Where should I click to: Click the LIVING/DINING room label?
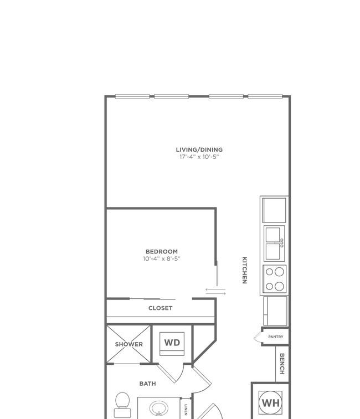coord(199,149)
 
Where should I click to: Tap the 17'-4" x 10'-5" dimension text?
coord(199,157)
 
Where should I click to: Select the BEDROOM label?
coord(162,251)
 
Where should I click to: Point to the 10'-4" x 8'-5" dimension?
coord(162,258)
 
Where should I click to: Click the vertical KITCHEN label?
coord(244,270)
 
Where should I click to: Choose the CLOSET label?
coord(160,308)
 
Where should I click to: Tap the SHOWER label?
coord(129,344)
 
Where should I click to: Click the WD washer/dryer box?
coord(172,344)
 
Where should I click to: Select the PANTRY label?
coord(276,337)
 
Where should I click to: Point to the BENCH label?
coord(282,364)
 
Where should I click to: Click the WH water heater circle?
coord(270,403)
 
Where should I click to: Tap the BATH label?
coord(148,384)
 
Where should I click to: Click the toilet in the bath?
coord(122,405)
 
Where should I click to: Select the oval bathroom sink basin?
coord(159,408)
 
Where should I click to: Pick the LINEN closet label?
coord(186,410)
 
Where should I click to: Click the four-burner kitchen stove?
coord(275,279)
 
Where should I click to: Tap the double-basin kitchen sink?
coord(274,244)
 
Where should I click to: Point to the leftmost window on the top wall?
coord(132,96)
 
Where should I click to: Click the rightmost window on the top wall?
coord(265,96)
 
